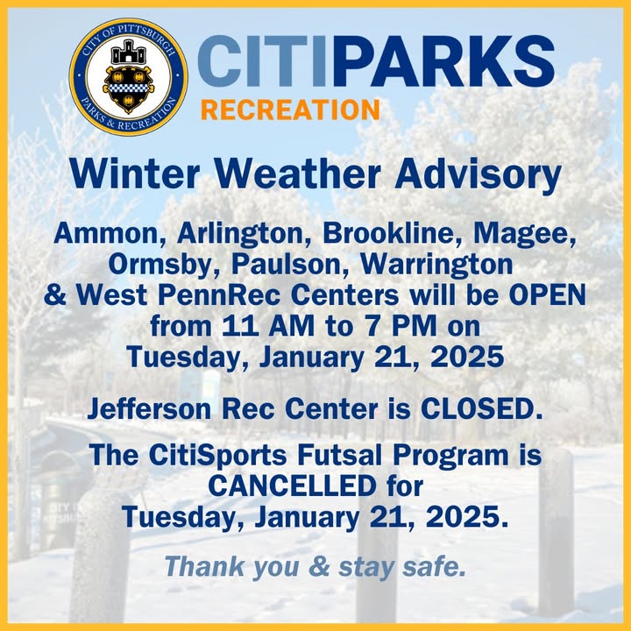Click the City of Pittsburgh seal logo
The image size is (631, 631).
pyautogui.click(x=128, y=76)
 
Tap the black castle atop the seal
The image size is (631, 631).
pyautogui.click(x=128, y=52)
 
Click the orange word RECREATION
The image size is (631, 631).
pyautogui.click(x=290, y=110)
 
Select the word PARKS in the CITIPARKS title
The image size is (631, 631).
pyautogui.click(x=443, y=60)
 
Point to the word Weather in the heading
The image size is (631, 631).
pyautogui.click(x=298, y=174)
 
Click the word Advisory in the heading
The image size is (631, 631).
pyautogui.click(x=479, y=175)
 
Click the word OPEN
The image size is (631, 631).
pyautogui.click(x=547, y=295)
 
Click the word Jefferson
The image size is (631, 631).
pyautogui.click(x=149, y=409)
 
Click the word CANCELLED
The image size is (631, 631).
pyautogui.click(x=293, y=486)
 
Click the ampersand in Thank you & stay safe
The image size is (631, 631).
pyautogui.click(x=319, y=567)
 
